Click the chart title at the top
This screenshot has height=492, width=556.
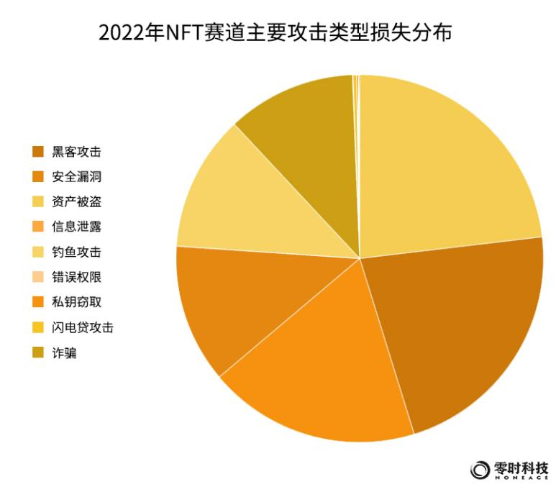coord(278,33)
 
